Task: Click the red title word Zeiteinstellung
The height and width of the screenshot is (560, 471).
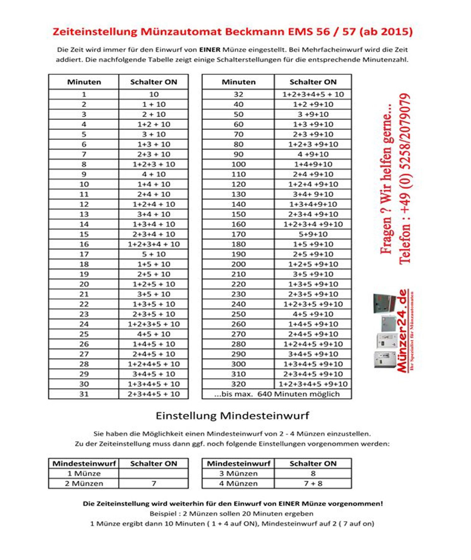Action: (95, 32)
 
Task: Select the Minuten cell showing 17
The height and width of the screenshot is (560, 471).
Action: (84, 254)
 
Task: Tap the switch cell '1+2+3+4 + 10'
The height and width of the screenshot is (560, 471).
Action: (154, 244)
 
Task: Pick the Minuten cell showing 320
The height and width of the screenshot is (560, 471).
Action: (238, 384)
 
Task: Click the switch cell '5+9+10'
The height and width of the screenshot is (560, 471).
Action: (313, 234)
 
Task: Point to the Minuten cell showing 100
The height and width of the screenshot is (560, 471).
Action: (238, 164)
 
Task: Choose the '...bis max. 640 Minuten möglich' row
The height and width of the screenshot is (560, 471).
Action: (277, 394)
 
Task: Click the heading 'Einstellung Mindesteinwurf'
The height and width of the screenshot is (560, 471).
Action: (233, 416)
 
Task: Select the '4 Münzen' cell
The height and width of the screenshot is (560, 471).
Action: (238, 483)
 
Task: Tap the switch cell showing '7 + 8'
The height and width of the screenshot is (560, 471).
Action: (313, 483)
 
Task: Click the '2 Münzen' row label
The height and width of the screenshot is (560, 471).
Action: (84, 483)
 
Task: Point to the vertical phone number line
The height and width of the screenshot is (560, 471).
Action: (405, 179)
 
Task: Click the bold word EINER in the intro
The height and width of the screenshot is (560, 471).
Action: (210, 50)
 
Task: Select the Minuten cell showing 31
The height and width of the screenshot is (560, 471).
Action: (84, 394)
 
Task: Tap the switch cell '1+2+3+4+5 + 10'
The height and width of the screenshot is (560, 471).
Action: (313, 95)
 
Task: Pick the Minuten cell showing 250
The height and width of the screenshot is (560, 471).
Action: (238, 314)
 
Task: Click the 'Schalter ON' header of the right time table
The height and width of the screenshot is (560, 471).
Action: (313, 82)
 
